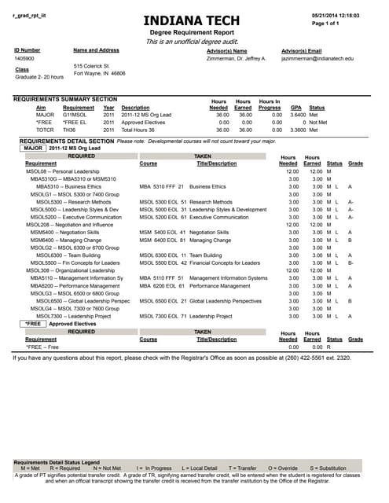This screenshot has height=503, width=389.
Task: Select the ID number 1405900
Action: pos(24,58)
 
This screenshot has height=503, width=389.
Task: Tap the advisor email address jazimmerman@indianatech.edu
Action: pos(317,58)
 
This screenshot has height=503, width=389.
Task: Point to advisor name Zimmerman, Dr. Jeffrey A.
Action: pos(237,58)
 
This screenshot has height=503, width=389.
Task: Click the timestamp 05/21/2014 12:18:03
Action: pos(335,15)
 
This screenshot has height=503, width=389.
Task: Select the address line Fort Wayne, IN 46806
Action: pos(99,73)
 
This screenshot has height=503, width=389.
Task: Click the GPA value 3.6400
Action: pos(296,115)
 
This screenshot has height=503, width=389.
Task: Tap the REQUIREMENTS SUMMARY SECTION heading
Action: pos(65,99)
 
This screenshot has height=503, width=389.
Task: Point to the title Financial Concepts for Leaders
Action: pos(228,263)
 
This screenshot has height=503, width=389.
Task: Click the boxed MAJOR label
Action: pos(32,148)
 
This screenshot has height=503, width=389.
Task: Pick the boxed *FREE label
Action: pos(32,323)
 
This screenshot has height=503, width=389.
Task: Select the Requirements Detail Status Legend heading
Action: pos(57,462)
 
